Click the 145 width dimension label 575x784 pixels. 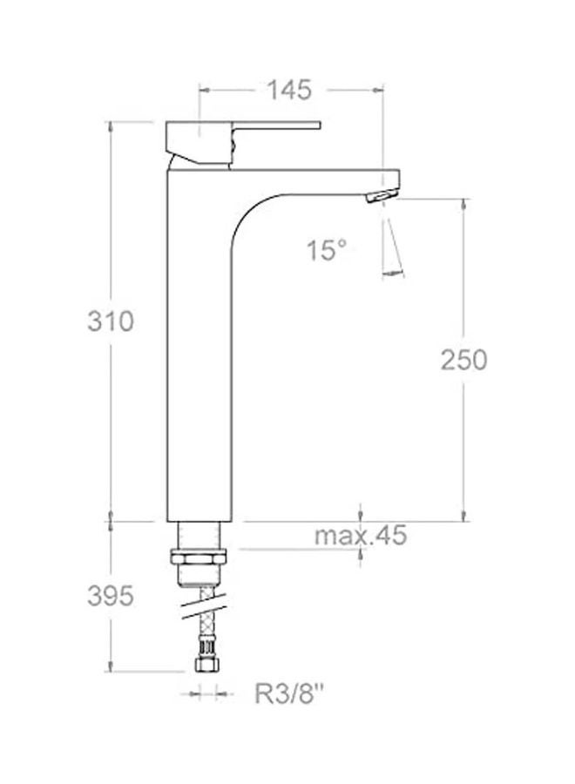coord(290,90)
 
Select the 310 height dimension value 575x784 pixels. coord(111,321)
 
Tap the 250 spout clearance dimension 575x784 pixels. coord(463,360)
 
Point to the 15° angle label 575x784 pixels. coord(326,252)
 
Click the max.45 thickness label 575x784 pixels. coord(360,536)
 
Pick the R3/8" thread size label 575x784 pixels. coord(289,694)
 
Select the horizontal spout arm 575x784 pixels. coord(322,179)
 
